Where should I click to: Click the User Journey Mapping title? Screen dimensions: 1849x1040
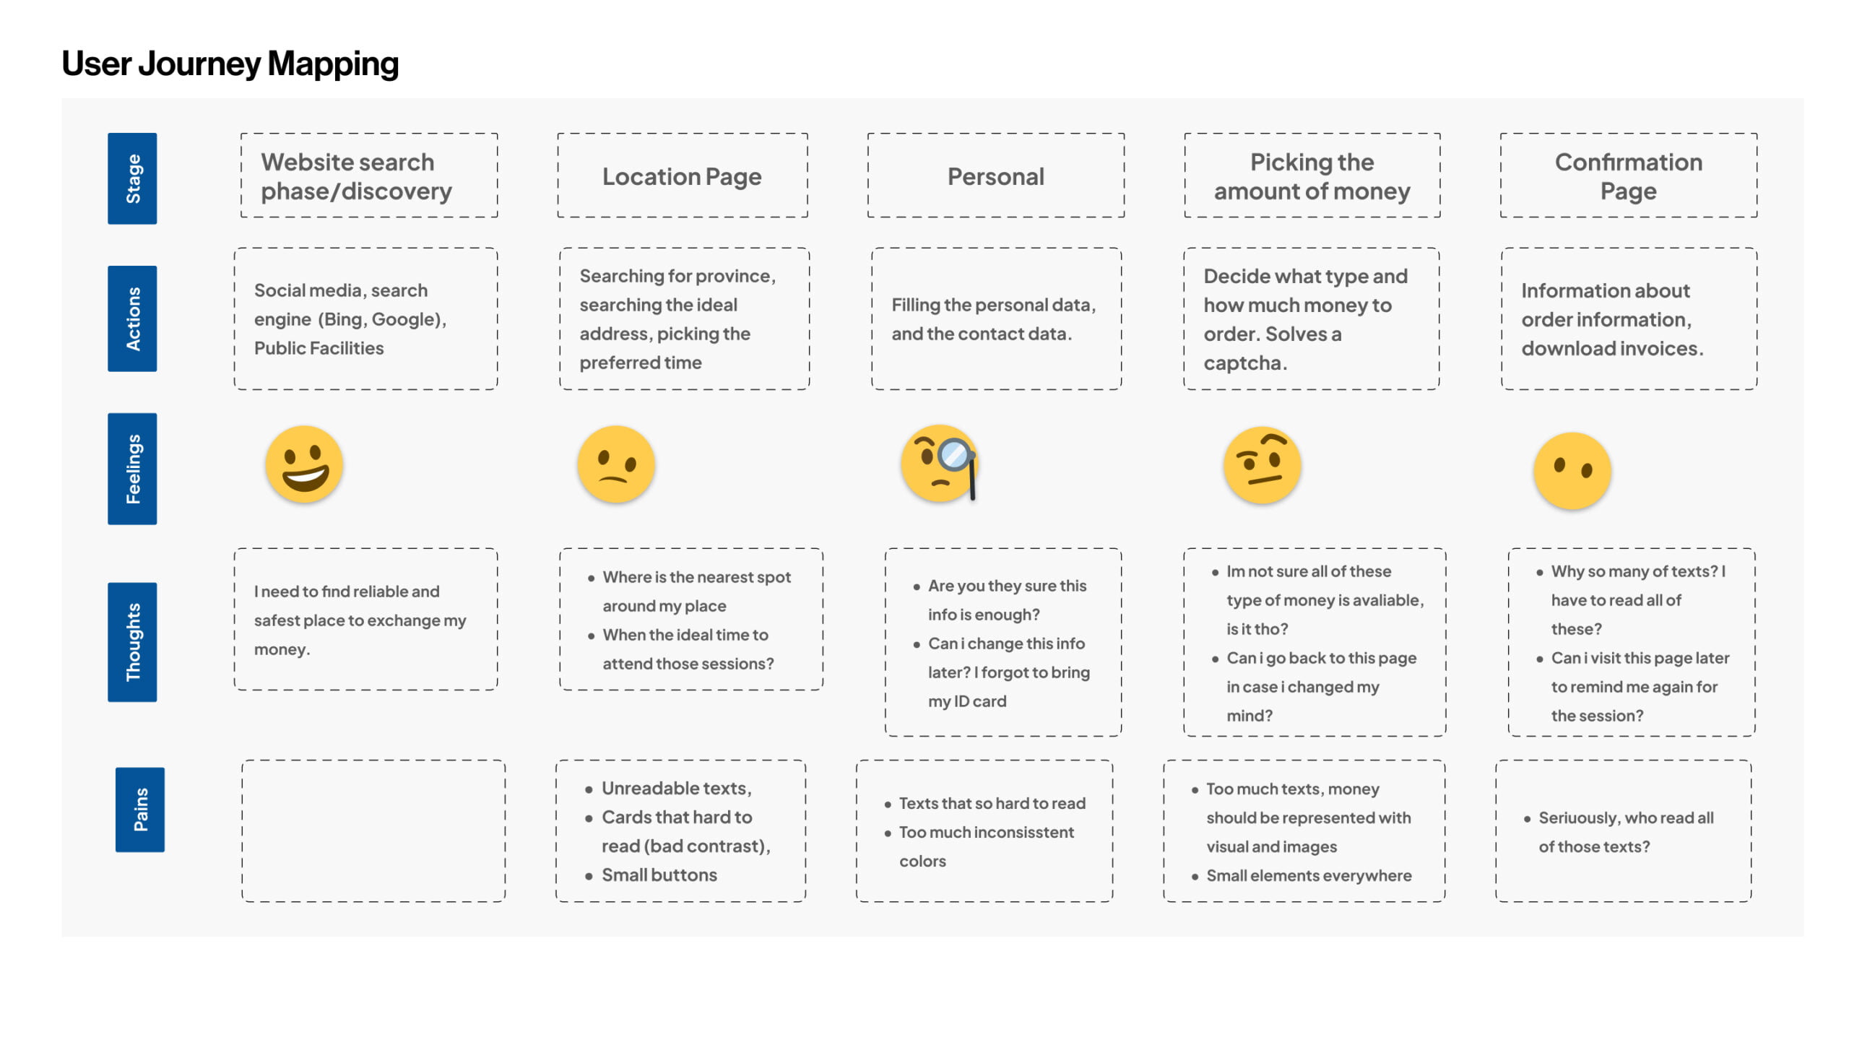pos(230,64)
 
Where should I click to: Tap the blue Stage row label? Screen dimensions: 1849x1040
pos(132,178)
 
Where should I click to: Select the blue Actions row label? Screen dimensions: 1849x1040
pos(132,318)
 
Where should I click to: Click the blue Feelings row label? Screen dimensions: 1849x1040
pos(132,469)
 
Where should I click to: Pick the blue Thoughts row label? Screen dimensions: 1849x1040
pos(132,642)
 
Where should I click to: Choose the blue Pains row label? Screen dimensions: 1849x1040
pos(140,810)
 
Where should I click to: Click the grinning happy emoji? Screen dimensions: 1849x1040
pos(304,464)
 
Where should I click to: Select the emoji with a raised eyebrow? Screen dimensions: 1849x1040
pos(1263,465)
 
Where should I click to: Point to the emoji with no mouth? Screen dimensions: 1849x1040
pos(1572,471)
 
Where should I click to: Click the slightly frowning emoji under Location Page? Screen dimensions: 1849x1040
pos(616,464)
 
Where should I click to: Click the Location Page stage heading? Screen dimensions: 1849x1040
pos(682,176)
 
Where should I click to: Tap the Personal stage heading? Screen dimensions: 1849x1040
pos(996,176)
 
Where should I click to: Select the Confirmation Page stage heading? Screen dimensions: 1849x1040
pos(1629,176)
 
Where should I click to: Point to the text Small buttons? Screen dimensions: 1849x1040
pos(659,875)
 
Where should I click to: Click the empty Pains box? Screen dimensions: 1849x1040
pos(373,831)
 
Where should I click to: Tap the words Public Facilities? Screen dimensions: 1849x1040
pos(319,348)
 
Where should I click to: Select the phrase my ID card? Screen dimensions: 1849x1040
pos(967,701)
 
